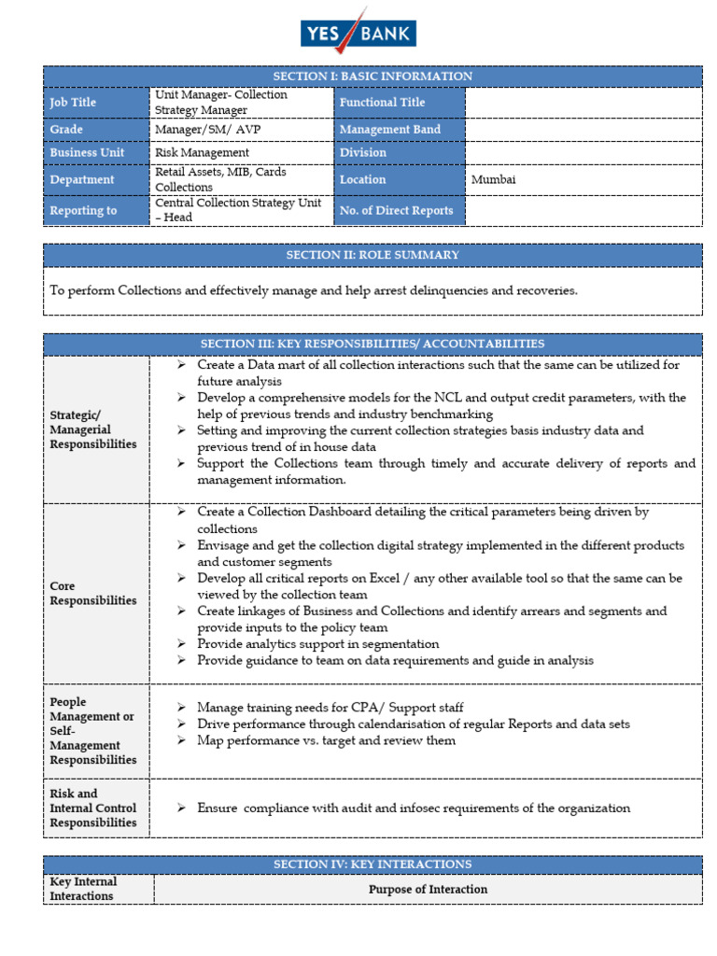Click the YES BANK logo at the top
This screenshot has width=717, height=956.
358,35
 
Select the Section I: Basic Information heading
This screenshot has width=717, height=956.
373,77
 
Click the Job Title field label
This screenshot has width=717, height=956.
73,103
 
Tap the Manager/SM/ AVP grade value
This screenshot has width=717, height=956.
194,130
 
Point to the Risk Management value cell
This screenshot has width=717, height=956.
202,152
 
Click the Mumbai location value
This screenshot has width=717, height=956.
494,179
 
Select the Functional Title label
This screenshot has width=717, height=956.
382,103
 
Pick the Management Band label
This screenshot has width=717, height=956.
389,130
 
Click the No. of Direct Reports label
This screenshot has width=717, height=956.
396,210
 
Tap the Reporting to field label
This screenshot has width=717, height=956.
83,210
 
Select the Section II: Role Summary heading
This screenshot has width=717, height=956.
373,255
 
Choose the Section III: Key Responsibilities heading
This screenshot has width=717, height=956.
373,344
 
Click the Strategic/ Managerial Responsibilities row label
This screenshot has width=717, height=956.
93,429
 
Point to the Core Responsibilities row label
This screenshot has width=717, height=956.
93,594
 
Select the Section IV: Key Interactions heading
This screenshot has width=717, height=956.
373,865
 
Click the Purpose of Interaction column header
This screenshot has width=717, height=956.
428,890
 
